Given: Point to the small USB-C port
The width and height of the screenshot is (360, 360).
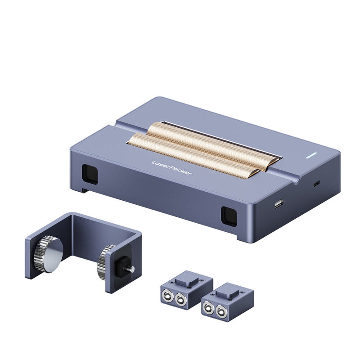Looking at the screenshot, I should (317, 184).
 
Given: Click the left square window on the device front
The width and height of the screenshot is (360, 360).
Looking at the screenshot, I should (89, 173).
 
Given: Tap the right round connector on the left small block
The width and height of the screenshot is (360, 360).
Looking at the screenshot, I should (180, 300).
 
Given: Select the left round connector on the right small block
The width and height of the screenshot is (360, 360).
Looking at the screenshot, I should (209, 308).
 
